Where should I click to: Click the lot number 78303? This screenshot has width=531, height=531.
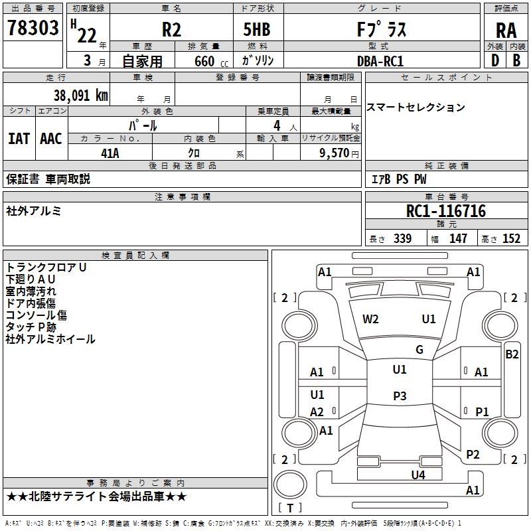tap(33, 28)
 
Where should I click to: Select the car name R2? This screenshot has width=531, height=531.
tap(171, 29)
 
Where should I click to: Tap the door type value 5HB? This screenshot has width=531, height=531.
tap(257, 29)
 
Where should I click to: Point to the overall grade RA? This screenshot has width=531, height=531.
tap(506, 31)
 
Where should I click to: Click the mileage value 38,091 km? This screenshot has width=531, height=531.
tap(80, 96)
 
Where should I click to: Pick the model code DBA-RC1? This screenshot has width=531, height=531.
tap(380, 61)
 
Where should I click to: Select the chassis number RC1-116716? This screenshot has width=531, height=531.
tap(445, 211)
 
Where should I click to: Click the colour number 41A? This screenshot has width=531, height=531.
tap(110, 153)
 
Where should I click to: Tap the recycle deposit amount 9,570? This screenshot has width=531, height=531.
tap(335, 153)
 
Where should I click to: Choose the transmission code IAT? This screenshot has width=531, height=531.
tap(19, 139)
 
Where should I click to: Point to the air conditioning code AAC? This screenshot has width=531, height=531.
tap(51, 139)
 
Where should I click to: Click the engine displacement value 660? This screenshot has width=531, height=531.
tap(204, 61)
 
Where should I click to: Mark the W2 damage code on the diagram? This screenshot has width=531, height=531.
tap(370, 319)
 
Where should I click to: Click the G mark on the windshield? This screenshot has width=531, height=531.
tap(419, 350)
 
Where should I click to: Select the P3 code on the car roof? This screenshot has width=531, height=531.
tap(400, 396)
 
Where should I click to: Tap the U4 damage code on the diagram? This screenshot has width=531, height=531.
tap(418, 475)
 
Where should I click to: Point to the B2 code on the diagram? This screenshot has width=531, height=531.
tap(512, 354)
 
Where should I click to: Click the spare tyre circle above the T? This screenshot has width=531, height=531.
tap(290, 485)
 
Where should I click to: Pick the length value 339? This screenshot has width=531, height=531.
tap(402, 238)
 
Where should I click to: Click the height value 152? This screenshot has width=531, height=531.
tap(511, 238)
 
